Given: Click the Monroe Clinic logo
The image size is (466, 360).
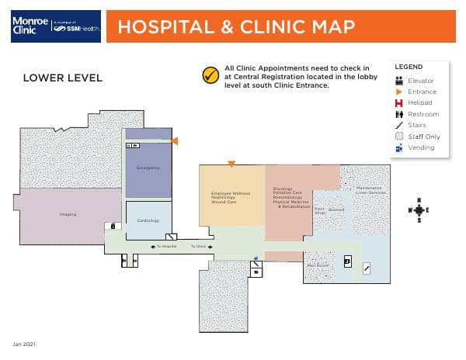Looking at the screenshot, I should coord(56,26).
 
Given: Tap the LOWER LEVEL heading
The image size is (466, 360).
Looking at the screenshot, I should coord(62,78).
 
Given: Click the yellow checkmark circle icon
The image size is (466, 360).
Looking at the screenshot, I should coord(209,75).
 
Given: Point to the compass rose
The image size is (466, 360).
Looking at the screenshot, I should coord(419,209).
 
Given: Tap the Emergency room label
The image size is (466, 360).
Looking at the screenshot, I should coord(148,168).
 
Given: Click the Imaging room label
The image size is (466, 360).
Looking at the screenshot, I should coord(68,214).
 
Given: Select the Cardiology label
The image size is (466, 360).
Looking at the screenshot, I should coord(148,220).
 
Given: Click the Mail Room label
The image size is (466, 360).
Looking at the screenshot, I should coord(318,265).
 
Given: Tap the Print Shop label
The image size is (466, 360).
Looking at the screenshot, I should coord(319,209).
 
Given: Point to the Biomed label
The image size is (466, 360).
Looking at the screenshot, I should coord(336,209).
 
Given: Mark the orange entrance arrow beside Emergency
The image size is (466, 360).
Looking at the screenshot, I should coord(176,140).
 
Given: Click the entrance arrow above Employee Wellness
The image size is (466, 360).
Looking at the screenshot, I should coord(231,164).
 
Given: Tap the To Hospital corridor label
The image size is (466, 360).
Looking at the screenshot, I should coord(166,246).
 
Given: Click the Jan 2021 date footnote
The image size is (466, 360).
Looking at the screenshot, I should coord(23,343).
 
